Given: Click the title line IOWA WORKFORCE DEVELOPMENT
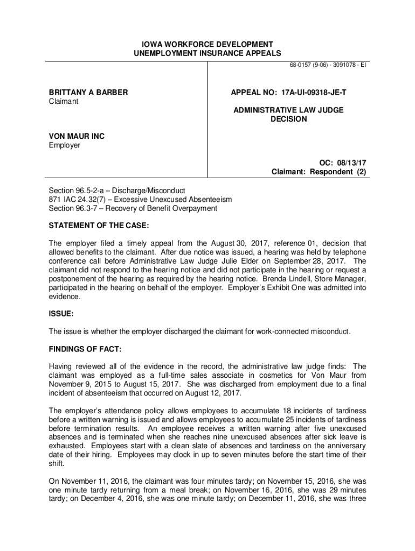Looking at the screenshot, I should (207, 44).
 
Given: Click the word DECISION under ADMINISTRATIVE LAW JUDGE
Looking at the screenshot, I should (288, 119).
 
